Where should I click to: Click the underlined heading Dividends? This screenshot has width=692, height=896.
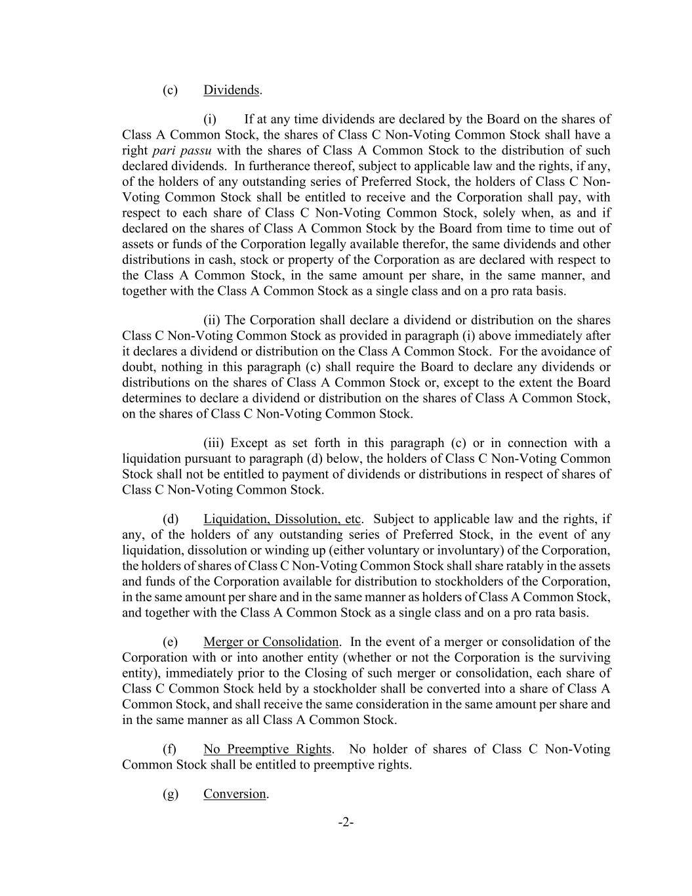[x=232, y=90]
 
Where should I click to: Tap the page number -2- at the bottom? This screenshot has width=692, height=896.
[x=346, y=822]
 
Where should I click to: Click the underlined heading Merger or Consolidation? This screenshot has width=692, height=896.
[x=271, y=641]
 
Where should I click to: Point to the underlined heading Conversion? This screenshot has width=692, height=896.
[x=235, y=794]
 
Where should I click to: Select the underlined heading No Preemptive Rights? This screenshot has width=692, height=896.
[x=267, y=749]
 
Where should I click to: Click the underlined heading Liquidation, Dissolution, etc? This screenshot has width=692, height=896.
[x=282, y=519]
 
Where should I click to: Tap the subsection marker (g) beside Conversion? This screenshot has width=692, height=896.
[x=170, y=794]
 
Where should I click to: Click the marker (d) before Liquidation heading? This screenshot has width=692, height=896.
[x=170, y=519]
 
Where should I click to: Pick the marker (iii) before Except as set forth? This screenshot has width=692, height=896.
[x=214, y=443]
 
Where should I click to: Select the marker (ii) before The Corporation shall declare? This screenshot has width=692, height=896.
[x=212, y=320]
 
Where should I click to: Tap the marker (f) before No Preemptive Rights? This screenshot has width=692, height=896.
[x=169, y=749]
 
